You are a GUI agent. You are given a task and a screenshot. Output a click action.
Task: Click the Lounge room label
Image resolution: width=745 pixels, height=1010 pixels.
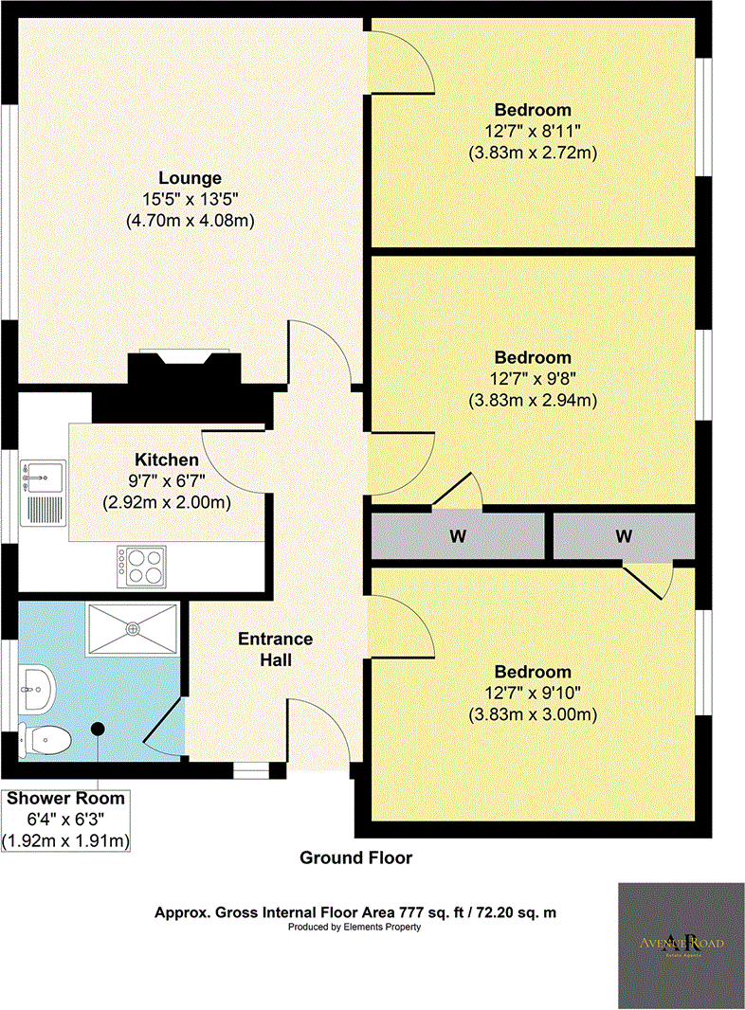tap(190, 178)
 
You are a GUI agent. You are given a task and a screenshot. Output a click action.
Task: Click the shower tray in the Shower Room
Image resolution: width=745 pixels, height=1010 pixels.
tap(133, 627)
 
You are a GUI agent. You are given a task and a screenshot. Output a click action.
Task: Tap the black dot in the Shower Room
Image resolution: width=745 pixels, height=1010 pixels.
tap(99, 729)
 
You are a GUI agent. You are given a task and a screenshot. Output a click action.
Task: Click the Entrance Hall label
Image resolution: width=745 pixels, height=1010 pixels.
tap(276, 649)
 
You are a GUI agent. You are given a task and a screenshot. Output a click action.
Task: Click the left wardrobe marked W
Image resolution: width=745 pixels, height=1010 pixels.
tap(458, 536)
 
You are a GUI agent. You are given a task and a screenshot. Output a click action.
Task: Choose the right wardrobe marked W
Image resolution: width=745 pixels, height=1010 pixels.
tap(624, 536)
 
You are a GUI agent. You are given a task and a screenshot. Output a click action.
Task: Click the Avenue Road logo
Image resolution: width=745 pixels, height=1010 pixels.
tap(681, 945)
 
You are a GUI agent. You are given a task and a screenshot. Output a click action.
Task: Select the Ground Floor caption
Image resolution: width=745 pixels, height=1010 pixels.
tap(355, 858)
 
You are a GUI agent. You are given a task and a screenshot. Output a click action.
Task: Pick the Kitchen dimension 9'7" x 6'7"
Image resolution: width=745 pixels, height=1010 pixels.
tap(166, 480)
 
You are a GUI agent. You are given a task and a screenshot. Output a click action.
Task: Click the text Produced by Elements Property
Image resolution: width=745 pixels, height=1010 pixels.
tap(355, 928)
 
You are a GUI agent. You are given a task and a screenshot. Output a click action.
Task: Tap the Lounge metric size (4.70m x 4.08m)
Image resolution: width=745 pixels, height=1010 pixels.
tap(190, 220)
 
